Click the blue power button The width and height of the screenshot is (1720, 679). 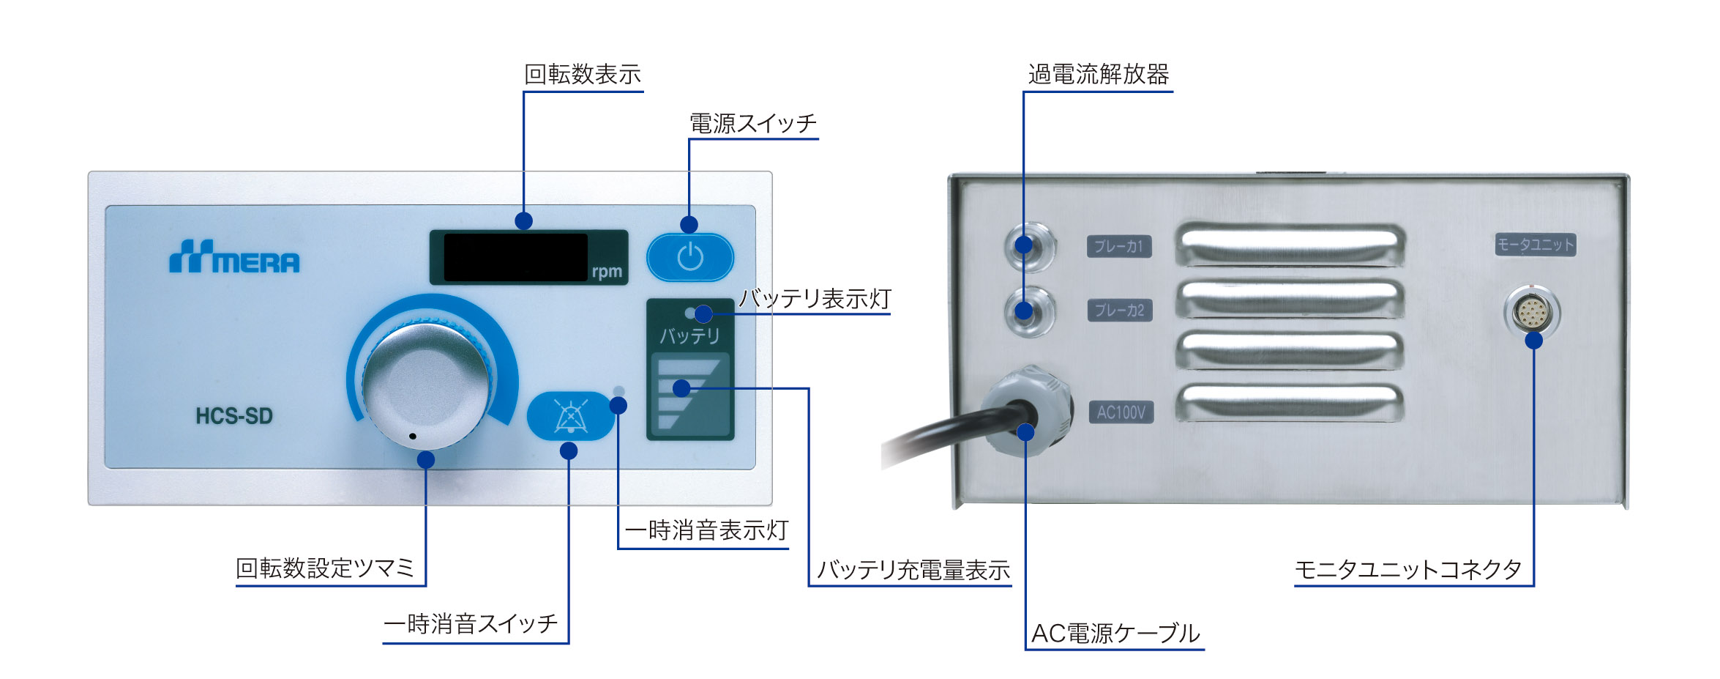pyautogui.click(x=690, y=257)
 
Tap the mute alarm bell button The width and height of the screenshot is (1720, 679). pyautogui.click(x=571, y=416)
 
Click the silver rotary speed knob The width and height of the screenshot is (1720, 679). pyautogui.click(x=427, y=385)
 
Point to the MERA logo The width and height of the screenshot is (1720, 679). pyautogui.click(x=234, y=257)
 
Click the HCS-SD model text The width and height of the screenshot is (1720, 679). pyautogui.click(x=234, y=416)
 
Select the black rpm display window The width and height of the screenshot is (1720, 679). pyautogui.click(x=515, y=257)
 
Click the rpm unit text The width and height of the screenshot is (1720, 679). pyautogui.click(x=607, y=272)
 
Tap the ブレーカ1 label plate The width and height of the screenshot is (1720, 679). pyautogui.click(x=1119, y=246)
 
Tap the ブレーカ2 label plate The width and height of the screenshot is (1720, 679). pyautogui.click(x=1120, y=311)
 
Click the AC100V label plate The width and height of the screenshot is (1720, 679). pyautogui.click(x=1121, y=412)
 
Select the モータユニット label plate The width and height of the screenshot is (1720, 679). pyautogui.click(x=1536, y=245)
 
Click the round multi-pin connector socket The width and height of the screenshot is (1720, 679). pyautogui.click(x=1533, y=313)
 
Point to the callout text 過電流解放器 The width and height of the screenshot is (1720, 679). pyautogui.click(x=1099, y=74)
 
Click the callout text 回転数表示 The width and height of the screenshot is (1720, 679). pyautogui.click(x=583, y=74)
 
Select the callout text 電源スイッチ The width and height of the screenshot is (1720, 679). pyautogui.click(x=753, y=123)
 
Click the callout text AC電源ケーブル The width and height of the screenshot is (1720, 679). pyautogui.click(x=1115, y=633)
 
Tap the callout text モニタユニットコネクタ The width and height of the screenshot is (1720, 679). pyautogui.click(x=1408, y=569)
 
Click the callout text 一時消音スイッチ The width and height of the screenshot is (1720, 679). pyautogui.click(x=471, y=623)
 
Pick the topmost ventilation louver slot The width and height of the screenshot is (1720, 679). pyautogui.click(x=1290, y=244)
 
